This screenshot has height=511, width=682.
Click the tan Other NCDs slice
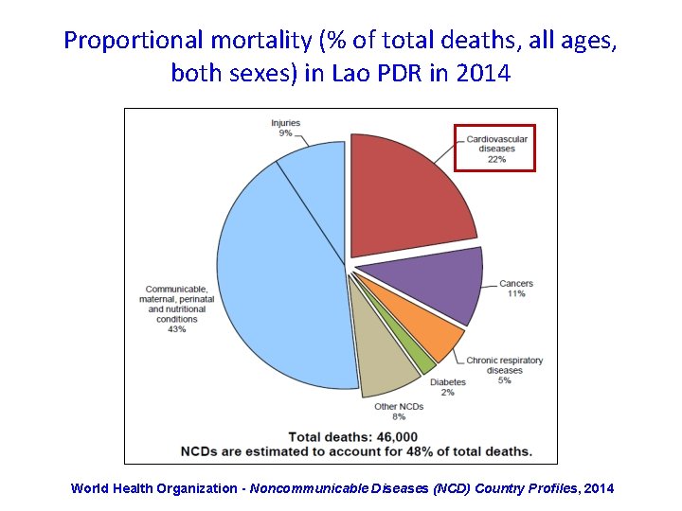(388, 364)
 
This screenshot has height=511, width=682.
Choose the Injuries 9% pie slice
(313, 170)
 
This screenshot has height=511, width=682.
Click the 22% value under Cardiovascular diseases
(496, 160)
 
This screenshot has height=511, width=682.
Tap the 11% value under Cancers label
(515, 294)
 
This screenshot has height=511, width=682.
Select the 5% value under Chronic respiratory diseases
(504, 380)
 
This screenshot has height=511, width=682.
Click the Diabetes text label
(447, 382)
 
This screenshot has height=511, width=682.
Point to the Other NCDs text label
(398, 406)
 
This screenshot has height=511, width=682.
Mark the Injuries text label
(285, 123)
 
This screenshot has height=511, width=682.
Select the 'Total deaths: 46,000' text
(352, 437)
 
